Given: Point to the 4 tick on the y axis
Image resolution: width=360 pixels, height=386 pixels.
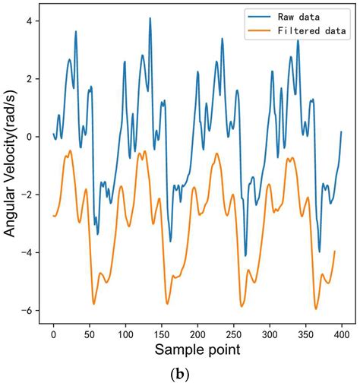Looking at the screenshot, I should pyautogui.click(x=29, y=21).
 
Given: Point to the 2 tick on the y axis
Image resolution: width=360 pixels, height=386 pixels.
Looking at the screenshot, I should pyautogui.click(x=29, y=79).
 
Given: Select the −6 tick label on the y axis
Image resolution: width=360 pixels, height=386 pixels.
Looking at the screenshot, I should pyautogui.click(x=26, y=310).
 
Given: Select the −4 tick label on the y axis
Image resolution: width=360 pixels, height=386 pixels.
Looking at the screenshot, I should pyautogui.click(x=26, y=252).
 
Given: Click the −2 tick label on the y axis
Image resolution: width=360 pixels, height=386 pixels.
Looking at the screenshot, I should pyautogui.click(x=26, y=195).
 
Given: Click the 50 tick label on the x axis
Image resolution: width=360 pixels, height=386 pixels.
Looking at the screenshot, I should pyautogui.click(x=90, y=334).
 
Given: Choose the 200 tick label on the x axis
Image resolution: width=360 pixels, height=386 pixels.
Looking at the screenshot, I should pyautogui.click(x=197, y=334).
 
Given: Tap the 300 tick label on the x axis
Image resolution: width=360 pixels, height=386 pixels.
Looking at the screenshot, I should pyautogui.click(x=270, y=334).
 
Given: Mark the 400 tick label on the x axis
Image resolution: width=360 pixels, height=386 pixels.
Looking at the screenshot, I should pyautogui.click(x=341, y=334).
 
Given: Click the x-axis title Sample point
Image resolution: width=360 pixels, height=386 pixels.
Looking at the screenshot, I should pyautogui.click(x=197, y=351).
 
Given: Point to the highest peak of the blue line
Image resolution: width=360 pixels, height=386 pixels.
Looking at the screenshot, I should pyautogui.click(x=150, y=18).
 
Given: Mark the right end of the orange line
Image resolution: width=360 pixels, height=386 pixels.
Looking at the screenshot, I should pyautogui.click(x=334, y=251).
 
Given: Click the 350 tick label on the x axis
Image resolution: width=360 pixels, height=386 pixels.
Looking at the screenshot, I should pyautogui.click(x=305, y=334).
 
